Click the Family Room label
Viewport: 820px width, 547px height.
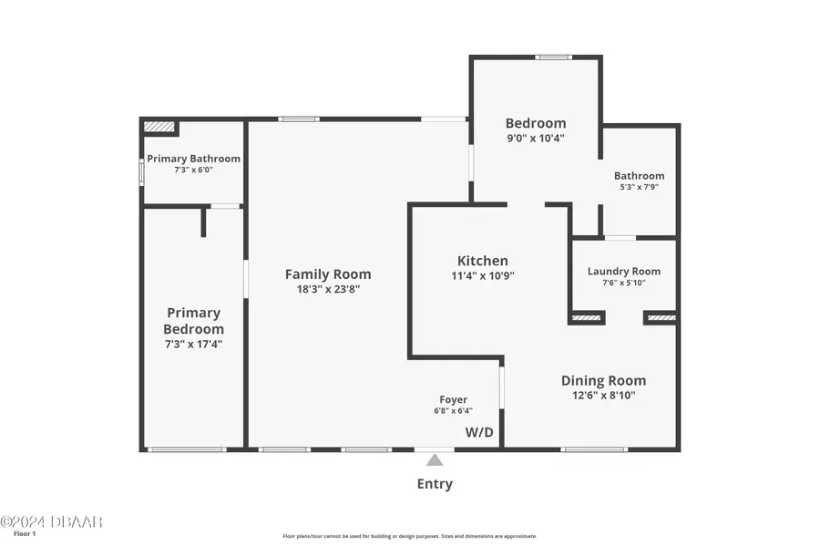point(328,273)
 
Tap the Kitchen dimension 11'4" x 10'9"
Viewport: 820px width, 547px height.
point(483,276)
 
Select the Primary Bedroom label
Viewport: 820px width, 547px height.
point(193,321)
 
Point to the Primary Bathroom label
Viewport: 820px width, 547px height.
point(193,158)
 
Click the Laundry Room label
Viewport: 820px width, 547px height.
point(624,271)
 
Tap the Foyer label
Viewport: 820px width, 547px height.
point(454,399)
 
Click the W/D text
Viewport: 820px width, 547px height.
point(479,432)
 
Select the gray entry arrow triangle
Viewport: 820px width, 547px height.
point(435,459)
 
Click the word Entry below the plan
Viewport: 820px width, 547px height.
point(435,484)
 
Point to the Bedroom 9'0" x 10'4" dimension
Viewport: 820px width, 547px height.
point(536,139)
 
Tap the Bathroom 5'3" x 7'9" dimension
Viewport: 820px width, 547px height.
point(639,187)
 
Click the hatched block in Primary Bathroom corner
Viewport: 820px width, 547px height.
point(159,128)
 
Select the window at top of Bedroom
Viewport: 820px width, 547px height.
point(553,57)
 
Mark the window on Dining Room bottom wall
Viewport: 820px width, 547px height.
point(593,449)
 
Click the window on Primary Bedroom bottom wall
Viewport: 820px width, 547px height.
point(187,449)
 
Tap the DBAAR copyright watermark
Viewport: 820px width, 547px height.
point(51,521)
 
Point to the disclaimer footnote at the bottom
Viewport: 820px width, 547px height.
point(410,536)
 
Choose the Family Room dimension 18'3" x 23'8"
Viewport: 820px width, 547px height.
point(328,290)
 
